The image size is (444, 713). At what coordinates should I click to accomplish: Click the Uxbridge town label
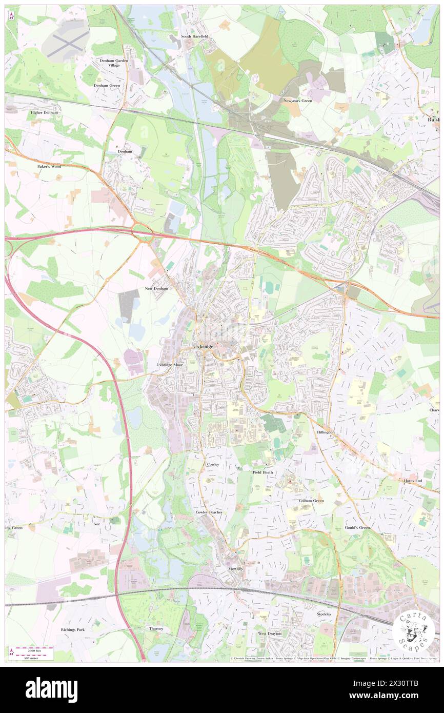point(203,346)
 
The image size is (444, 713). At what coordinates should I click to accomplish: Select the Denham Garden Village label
point(114,64)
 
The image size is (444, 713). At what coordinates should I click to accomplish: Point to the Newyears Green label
point(297,101)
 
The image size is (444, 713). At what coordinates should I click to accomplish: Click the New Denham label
point(157,289)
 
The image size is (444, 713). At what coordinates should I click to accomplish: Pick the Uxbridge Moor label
point(169,365)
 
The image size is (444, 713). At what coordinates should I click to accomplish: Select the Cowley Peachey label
point(209,512)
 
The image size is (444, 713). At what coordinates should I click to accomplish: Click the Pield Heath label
point(263,472)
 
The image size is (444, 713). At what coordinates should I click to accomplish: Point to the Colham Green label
point(311,500)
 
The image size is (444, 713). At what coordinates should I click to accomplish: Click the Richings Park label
point(73,629)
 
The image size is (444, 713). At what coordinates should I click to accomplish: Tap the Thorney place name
point(156,628)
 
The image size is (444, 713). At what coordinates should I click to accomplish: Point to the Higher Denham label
point(45,112)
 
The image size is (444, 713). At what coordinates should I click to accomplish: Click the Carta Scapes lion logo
point(413,630)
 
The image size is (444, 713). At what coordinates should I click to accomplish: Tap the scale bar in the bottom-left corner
point(31,652)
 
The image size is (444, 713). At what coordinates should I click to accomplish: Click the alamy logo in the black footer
point(51,690)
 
